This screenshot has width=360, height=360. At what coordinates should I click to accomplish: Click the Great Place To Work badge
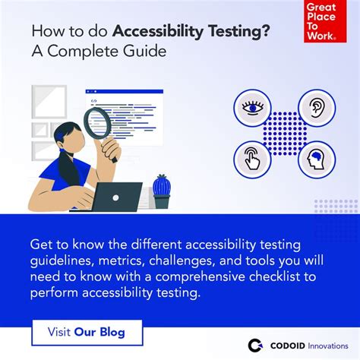pos(325,21)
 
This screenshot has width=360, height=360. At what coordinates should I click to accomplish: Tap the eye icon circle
pos(252,108)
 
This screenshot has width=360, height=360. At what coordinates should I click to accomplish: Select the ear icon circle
pos(317,108)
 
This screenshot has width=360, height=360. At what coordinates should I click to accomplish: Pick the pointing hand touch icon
pos(252,159)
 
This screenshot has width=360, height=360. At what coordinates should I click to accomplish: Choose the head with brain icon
pos(317,159)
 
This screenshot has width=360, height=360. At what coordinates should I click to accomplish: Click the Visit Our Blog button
pos(87,333)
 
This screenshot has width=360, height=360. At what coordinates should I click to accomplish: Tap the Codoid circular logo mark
pos(255,346)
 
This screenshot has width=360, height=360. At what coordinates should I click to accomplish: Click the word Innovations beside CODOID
pos(328,346)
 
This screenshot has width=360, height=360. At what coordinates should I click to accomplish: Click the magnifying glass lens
pos(98,123)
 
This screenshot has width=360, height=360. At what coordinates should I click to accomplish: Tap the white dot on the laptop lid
pos(115,198)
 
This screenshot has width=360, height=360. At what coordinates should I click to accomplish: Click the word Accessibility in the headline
pos(158,32)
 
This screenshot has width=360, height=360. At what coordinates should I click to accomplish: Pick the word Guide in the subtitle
pos(145,51)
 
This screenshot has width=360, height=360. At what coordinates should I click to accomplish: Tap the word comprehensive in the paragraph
pos(200,276)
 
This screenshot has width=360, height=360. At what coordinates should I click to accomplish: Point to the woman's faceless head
pos(71,138)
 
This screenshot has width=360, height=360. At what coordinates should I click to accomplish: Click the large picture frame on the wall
pos(49,102)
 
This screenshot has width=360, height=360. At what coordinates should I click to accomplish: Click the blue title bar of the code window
pos(125,91)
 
